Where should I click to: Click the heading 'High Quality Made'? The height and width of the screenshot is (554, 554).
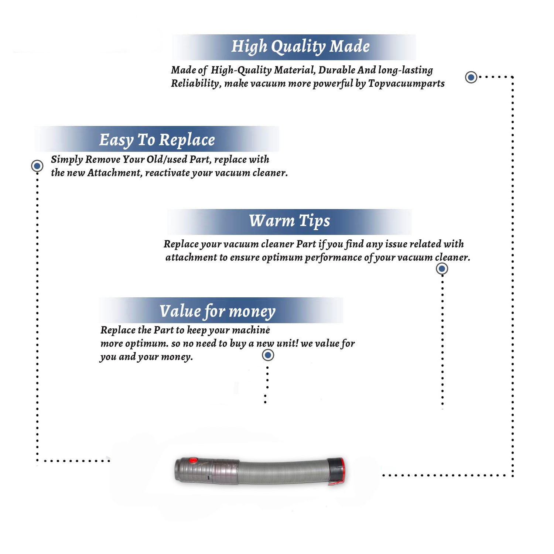pos(300,47)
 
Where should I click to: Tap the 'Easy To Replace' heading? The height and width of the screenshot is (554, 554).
pos(157,140)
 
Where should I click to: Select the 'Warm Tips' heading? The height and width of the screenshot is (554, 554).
pos(290,221)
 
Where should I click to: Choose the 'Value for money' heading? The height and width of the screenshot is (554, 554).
pos(218,311)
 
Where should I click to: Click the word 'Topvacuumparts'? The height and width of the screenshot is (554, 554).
pos(406,83)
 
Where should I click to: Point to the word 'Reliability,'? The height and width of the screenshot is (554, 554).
pos(196,83)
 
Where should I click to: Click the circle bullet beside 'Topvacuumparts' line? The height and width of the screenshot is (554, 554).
pos(471,77)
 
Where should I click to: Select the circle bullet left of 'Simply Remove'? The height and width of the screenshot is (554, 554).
pos(37,166)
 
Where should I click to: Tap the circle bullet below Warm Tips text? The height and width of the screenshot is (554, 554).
pos(442,269)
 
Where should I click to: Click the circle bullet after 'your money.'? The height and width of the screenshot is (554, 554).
pos(268,355)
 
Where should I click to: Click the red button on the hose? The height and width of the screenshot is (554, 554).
pos(193,460)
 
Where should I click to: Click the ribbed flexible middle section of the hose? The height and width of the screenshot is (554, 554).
pos(284,473)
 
